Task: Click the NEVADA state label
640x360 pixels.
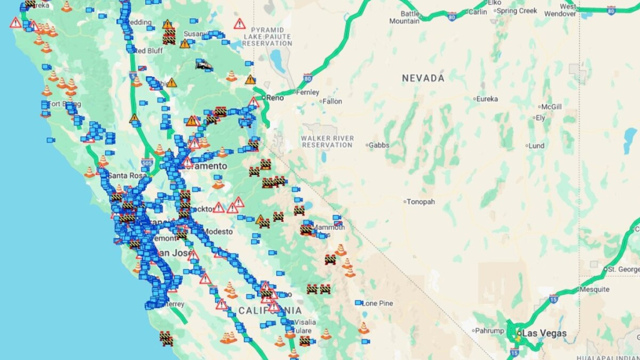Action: point(423,78)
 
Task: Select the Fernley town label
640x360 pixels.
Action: point(307,92)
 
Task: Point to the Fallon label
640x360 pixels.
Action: point(332,101)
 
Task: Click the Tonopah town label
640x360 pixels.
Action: point(421,202)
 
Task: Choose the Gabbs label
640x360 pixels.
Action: point(379,146)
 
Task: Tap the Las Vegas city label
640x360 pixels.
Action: point(544,333)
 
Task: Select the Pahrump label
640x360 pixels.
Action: point(489,331)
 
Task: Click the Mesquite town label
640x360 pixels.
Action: point(594,289)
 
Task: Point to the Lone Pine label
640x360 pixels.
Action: point(377,303)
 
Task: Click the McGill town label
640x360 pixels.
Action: point(551,107)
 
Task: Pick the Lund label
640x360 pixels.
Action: point(536,146)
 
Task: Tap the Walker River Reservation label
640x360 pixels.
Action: point(327,141)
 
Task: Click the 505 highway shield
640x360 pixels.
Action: point(147,164)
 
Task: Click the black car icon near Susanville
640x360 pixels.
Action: point(204,64)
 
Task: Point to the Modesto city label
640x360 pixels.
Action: point(217,231)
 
